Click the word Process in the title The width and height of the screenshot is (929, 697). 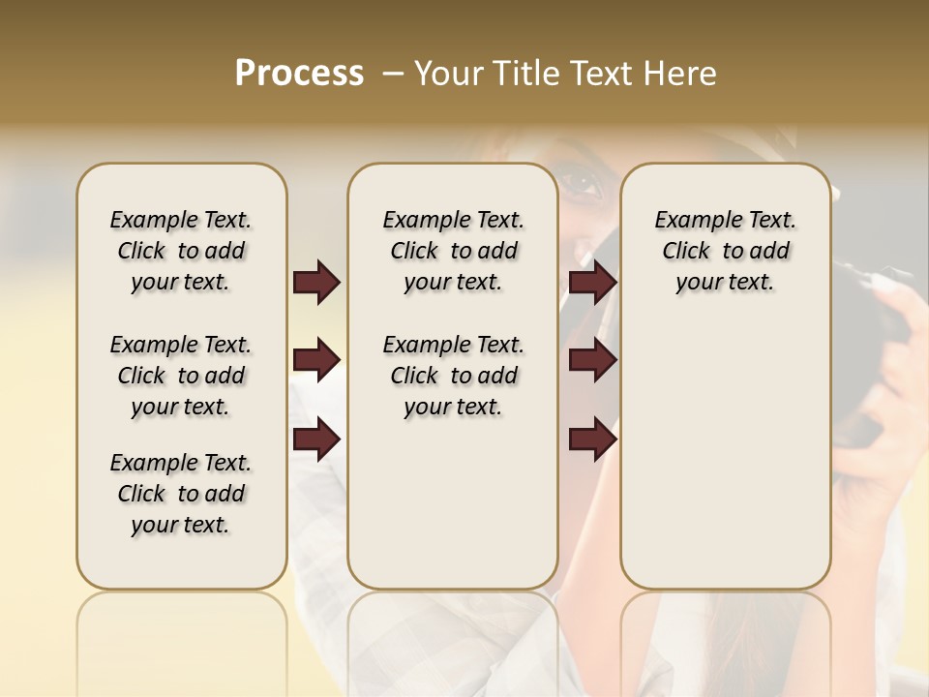[299, 73]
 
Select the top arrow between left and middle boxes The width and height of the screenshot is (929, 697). [316, 283]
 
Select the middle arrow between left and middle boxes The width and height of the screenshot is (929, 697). [316, 361]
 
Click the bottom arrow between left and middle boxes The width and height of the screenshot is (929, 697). [316, 439]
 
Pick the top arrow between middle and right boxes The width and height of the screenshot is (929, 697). [592, 283]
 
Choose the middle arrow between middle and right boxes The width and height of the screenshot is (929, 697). [592, 361]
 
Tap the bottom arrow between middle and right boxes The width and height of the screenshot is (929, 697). [592, 439]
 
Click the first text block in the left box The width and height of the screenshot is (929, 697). [181, 251]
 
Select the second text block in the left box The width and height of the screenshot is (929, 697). [181, 376]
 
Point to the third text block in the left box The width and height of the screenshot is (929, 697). [181, 494]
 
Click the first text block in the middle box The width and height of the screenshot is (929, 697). [453, 251]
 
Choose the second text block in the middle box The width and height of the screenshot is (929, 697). [453, 376]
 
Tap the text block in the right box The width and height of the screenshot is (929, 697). [725, 251]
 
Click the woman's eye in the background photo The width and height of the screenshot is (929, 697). [581, 182]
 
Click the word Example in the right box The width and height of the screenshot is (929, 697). [690, 221]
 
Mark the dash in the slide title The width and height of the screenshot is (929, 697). [393, 73]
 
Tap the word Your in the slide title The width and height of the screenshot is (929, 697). [446, 73]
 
